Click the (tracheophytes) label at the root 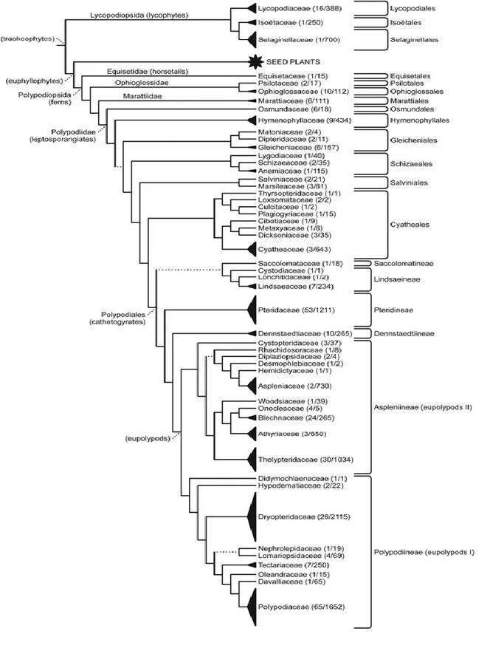point(28,39)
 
